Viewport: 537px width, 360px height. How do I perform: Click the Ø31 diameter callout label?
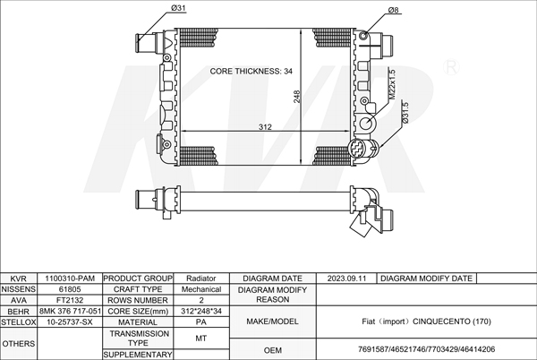click(178, 7)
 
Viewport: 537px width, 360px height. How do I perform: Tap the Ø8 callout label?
click(394, 10)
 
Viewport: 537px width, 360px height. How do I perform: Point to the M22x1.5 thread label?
click(392, 84)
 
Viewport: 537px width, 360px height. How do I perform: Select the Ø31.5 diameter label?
click(405, 112)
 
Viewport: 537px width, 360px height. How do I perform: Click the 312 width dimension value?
click(265, 127)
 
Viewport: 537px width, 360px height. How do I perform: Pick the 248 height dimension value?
click(296, 96)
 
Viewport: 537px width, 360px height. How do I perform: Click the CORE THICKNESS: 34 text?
click(251, 72)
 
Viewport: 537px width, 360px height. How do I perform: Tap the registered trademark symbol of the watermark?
click(451, 67)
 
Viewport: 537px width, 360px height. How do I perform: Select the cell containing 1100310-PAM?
click(70, 279)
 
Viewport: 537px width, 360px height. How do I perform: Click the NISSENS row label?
click(19, 289)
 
